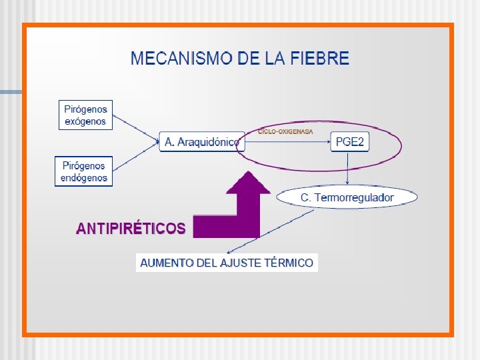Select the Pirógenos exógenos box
point(85,115)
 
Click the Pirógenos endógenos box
point(84,171)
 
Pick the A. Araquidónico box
point(201,142)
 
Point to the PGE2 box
point(349,142)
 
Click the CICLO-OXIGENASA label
point(285,132)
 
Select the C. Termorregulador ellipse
point(347,197)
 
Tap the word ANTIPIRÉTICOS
point(131,229)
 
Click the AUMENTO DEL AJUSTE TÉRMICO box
point(227,263)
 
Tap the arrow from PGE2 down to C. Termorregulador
point(348,169)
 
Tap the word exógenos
point(85,121)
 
